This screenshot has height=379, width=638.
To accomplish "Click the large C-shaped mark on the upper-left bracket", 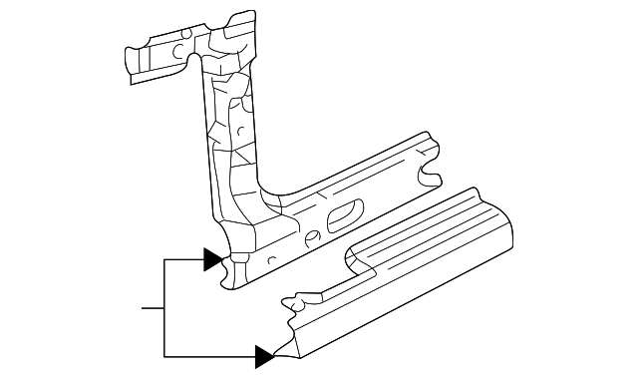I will pyautogui.click(x=176, y=50).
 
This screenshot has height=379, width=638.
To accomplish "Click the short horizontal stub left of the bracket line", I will pyautogui.click(x=153, y=308).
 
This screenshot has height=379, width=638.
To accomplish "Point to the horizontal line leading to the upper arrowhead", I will pyautogui.click(x=184, y=260).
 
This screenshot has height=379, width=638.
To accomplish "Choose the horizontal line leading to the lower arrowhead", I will pyautogui.click(x=209, y=355).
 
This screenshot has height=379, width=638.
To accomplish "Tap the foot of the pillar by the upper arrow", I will pyautogui.click(x=234, y=271).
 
